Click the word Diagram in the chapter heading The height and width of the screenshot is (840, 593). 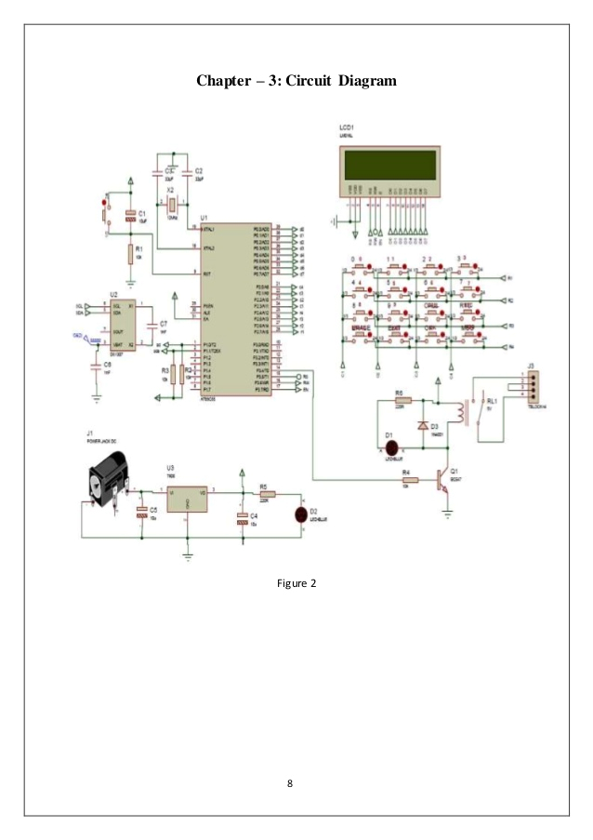360,82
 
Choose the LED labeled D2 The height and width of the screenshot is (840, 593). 300,513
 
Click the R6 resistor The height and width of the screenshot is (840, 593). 401,401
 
